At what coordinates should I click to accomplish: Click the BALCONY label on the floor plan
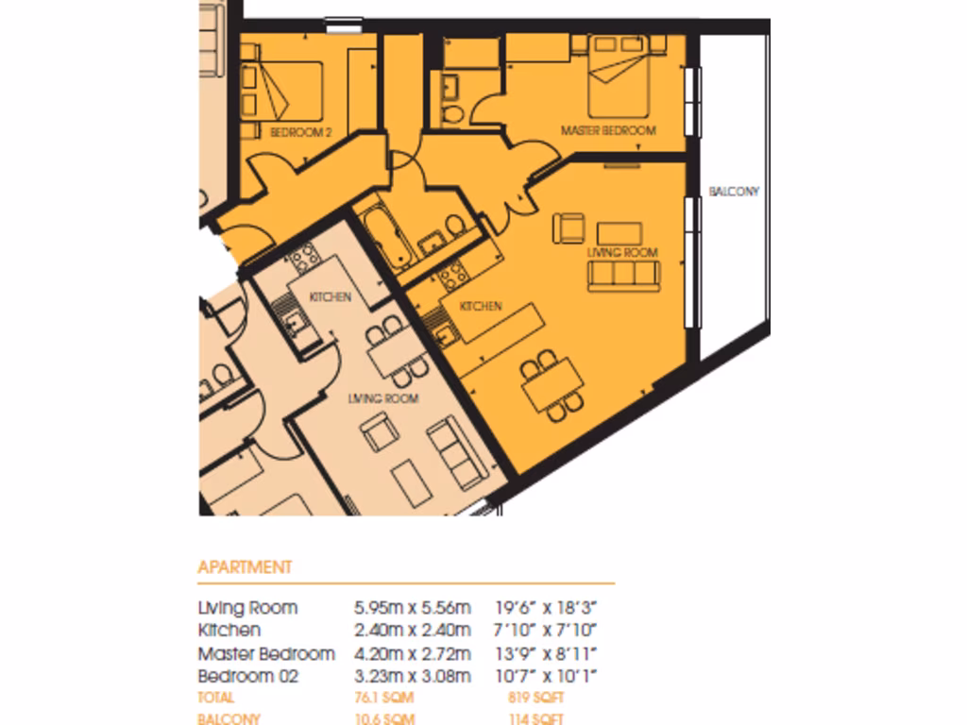pyautogui.click(x=734, y=192)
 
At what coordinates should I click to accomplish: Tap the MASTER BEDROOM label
pyautogui.click(x=608, y=130)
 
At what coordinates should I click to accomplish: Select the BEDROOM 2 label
pyautogui.click(x=301, y=133)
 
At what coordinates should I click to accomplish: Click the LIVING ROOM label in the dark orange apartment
pyautogui.click(x=622, y=253)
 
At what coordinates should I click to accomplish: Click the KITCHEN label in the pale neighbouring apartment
pyautogui.click(x=331, y=296)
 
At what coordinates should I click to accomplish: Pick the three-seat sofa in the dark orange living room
pyautogui.click(x=622, y=275)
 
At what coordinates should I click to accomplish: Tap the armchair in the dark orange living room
pyautogui.click(x=569, y=228)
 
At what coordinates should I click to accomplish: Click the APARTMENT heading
pyautogui.click(x=245, y=567)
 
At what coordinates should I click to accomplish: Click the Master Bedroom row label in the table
pyautogui.click(x=266, y=653)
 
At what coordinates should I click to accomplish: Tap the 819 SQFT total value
pyautogui.click(x=535, y=699)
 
